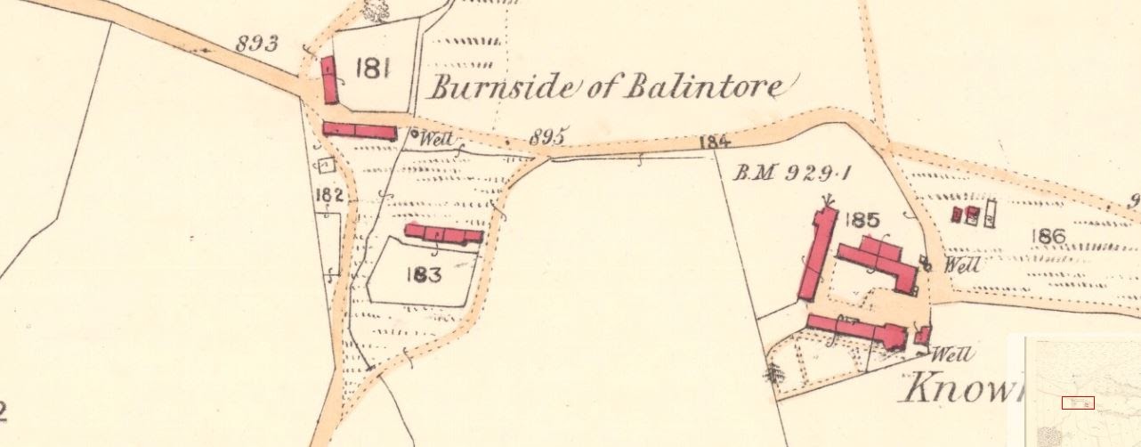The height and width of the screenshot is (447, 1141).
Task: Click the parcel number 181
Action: coord(372,69)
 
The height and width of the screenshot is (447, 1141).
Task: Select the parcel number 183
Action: coord(423,274)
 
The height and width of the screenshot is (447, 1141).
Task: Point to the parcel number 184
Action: coord(715,141)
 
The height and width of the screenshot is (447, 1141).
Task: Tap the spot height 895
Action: coord(548,136)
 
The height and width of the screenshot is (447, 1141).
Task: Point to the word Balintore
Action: coord(706,88)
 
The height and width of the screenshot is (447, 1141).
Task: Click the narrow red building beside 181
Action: coord(329,80)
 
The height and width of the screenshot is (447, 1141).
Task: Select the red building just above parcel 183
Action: coord(443,234)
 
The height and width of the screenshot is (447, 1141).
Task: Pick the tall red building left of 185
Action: coord(818,255)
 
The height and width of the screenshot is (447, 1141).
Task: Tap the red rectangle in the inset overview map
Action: coord(1077,402)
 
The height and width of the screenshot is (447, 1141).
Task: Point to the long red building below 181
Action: coord(359,131)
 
